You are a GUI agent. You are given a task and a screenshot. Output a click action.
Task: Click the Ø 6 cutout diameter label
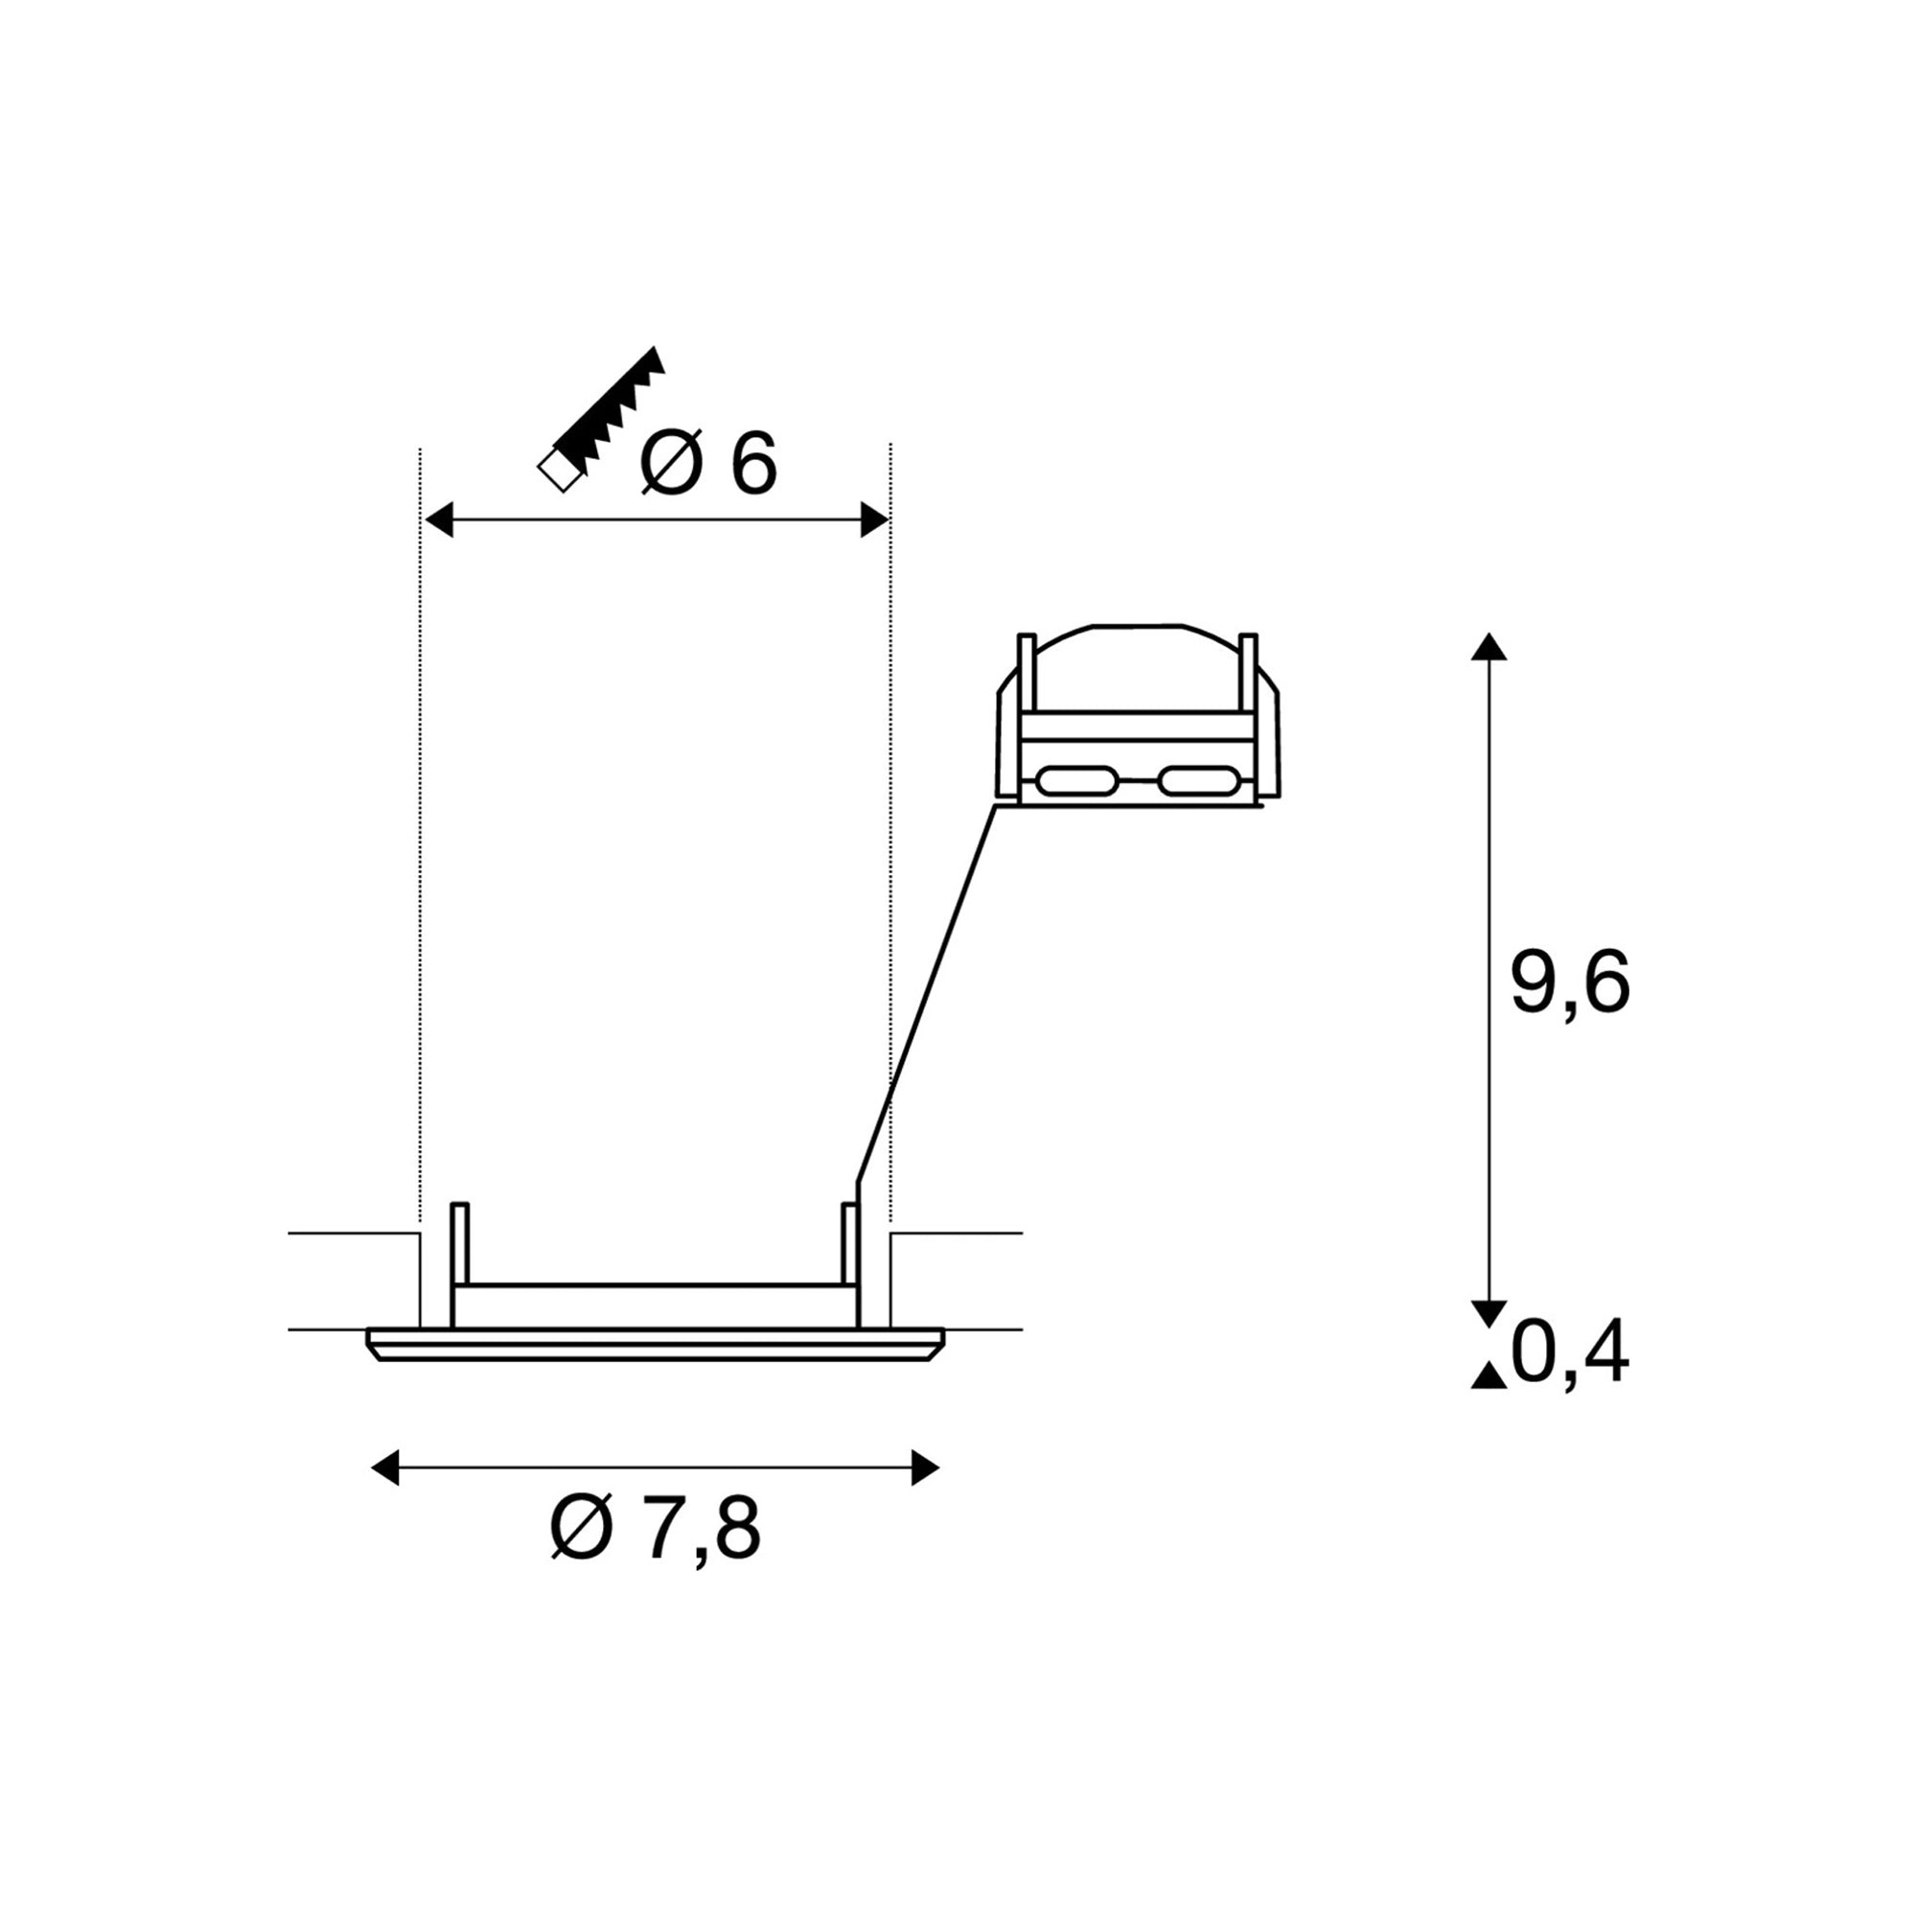pos(708,462)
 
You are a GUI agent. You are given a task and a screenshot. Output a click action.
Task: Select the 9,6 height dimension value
pos(1570,982)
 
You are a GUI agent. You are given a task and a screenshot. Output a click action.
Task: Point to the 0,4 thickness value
pos(1570,1351)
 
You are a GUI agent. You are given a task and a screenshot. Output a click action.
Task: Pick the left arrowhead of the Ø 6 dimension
pos(439,519)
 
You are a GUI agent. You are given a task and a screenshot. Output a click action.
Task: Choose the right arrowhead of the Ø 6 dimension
pos(874,519)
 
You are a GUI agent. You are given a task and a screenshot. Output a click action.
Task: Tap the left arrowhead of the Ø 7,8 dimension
pos(385,1467)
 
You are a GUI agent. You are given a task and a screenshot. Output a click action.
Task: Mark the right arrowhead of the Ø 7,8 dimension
pos(925,1467)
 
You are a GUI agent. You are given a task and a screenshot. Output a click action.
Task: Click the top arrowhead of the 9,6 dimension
pos(1489,646)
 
